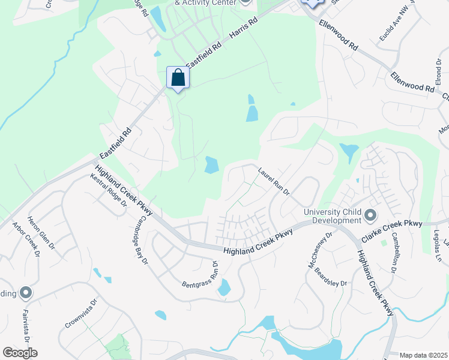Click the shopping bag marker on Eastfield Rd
click(x=178, y=78)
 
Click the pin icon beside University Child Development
click(x=370, y=215)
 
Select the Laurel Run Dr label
click(x=274, y=181)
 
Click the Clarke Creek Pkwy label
click(x=391, y=232)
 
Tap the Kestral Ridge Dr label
click(x=109, y=191)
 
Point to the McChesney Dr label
click(x=319, y=251)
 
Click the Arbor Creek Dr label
click(x=26, y=241)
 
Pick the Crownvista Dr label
click(x=81, y=314)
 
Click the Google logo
click(x=20, y=353)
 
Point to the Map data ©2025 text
click(x=423, y=355)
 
